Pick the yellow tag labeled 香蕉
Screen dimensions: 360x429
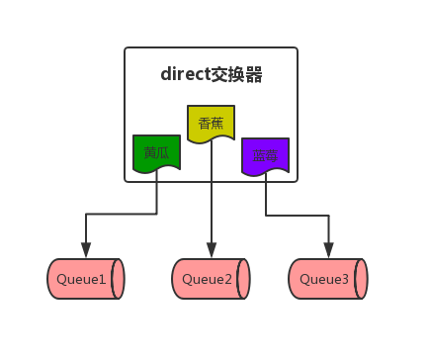211,124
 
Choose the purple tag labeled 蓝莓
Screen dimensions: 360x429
265,156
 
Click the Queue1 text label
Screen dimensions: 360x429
81,280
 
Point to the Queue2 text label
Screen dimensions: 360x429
206,280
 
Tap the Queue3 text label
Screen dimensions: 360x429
323,280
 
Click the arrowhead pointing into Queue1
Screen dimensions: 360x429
86,249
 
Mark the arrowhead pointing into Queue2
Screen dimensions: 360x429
211,249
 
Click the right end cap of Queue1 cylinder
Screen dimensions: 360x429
119,279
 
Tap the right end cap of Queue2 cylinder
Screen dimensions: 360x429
243,279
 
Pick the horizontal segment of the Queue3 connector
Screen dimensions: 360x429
297,213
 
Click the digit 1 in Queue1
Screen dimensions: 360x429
103,280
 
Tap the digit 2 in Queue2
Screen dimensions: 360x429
227,280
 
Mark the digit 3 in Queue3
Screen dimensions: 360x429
345,280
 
